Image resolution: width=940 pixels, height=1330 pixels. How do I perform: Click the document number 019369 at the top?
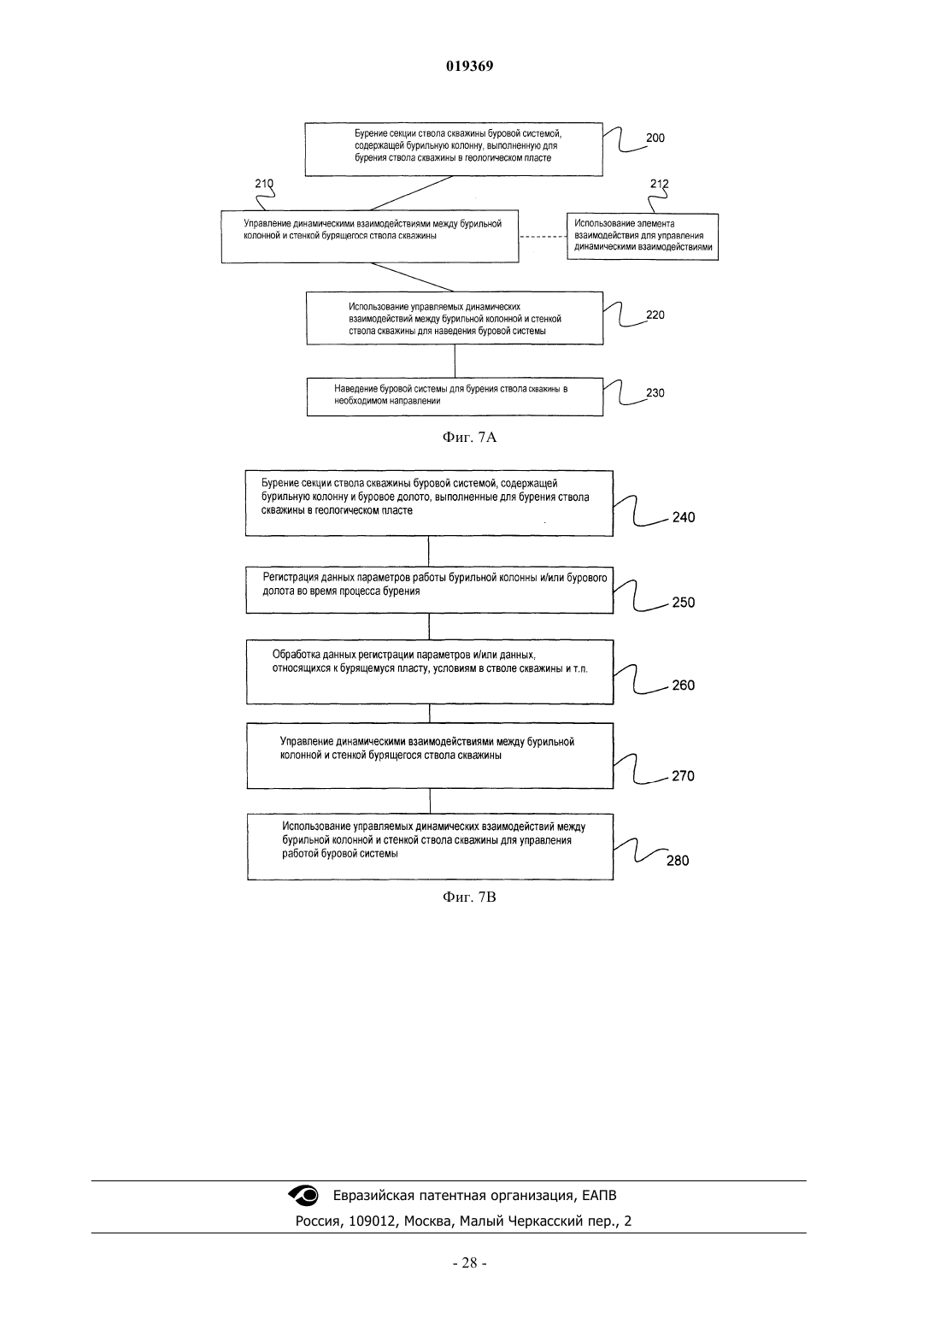click(x=469, y=66)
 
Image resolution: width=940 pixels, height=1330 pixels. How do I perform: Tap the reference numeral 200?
click(x=655, y=138)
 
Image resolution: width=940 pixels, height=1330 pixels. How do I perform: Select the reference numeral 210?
click(x=264, y=184)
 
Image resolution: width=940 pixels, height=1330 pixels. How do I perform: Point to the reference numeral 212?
click(x=660, y=184)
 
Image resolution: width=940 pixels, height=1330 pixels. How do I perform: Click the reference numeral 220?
click(x=655, y=315)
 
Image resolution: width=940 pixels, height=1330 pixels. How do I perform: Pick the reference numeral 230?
click(x=655, y=392)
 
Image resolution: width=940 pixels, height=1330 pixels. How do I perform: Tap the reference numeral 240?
click(x=684, y=517)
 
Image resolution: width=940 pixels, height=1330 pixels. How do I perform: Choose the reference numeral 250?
click(x=684, y=602)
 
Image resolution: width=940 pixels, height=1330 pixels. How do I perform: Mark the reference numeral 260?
click(x=684, y=686)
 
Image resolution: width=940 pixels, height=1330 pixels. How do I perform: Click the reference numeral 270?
click(x=683, y=776)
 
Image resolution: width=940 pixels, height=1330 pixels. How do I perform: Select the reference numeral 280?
click(x=678, y=861)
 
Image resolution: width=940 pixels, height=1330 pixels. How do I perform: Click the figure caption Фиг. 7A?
click(x=469, y=438)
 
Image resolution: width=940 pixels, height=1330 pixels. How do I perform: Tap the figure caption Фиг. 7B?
click(x=469, y=897)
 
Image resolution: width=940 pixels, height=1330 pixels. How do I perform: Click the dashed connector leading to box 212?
click(x=543, y=237)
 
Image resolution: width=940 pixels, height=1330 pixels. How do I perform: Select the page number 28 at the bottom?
click(x=469, y=1263)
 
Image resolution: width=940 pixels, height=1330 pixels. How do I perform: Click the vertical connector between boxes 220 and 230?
click(x=455, y=361)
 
